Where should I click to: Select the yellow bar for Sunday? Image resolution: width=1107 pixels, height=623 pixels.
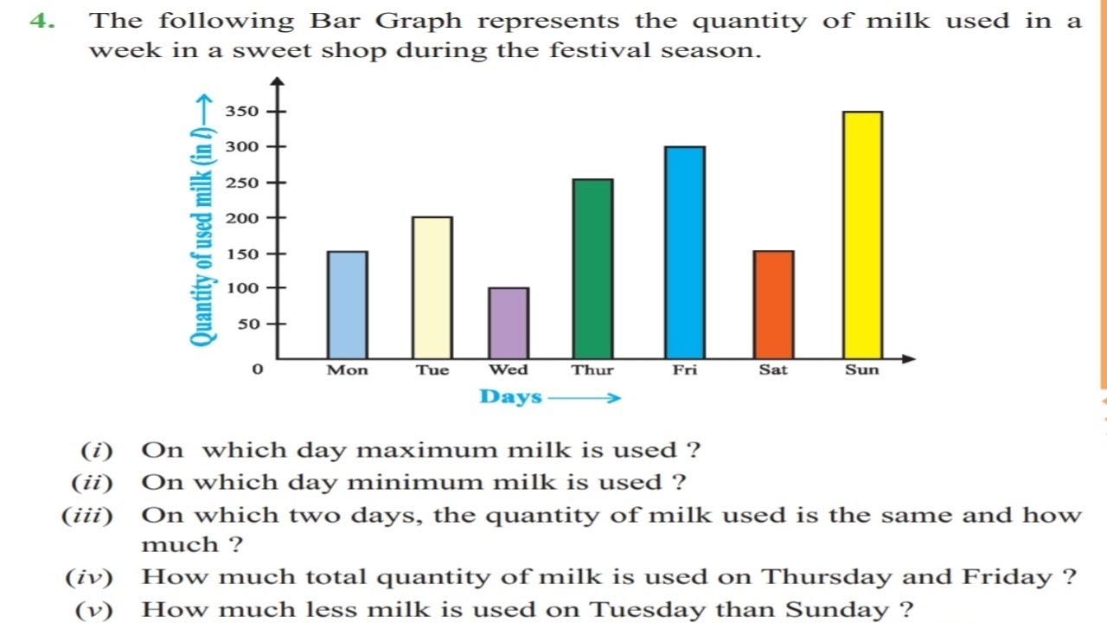(x=862, y=235)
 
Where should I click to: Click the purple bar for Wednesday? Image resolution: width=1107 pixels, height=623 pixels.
(x=509, y=323)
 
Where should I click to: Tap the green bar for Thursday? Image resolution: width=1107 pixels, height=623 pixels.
(x=592, y=269)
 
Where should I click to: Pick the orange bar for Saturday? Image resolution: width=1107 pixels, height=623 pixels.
(x=773, y=305)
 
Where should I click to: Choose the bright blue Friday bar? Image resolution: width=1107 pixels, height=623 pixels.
(x=685, y=253)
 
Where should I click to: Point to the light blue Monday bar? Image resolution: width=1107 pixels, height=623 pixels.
(x=347, y=305)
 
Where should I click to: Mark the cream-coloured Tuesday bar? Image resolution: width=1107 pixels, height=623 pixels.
(x=432, y=287)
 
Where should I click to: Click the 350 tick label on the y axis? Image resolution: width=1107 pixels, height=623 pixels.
(x=242, y=112)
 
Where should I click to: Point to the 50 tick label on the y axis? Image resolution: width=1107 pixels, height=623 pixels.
(x=247, y=324)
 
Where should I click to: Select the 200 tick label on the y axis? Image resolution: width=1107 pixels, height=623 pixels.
(x=242, y=218)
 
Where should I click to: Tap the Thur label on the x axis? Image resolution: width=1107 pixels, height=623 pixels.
(x=592, y=370)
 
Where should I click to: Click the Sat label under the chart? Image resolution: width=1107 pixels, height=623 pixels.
(x=773, y=370)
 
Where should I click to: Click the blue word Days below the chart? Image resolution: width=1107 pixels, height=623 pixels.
(x=511, y=397)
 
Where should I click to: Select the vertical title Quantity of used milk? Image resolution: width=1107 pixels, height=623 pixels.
(x=203, y=221)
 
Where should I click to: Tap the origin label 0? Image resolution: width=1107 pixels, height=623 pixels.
(x=257, y=370)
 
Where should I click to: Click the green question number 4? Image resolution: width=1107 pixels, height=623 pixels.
(x=42, y=21)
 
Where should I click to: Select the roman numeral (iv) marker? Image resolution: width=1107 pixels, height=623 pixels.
(x=90, y=577)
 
